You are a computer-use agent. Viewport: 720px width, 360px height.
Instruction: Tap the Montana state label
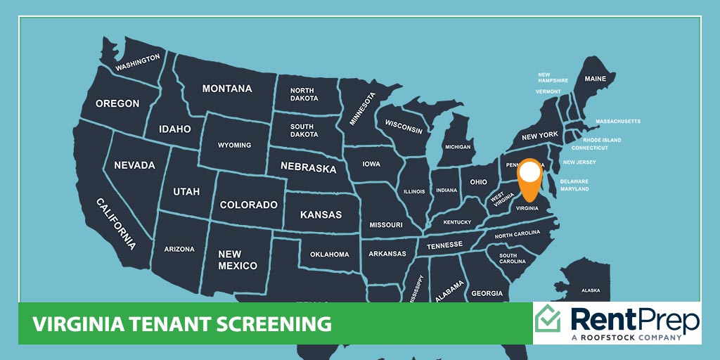coord(226,89)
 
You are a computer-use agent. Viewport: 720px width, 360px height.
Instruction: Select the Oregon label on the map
coord(117,103)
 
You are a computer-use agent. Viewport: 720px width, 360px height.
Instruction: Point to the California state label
coord(116,224)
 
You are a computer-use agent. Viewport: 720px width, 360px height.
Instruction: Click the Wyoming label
coord(234,146)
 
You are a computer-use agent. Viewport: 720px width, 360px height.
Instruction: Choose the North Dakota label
coord(302,95)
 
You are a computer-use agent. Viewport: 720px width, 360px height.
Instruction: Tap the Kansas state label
coord(321,214)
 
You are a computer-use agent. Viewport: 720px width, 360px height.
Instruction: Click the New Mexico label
coord(237,260)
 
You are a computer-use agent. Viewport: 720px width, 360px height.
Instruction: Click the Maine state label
coord(595,79)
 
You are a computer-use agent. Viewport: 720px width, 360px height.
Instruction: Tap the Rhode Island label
coord(602,140)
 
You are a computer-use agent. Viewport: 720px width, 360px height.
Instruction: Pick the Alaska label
coord(591,290)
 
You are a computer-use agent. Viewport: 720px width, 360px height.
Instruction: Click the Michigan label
coord(457,147)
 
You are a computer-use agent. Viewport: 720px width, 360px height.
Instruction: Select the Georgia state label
coord(487,293)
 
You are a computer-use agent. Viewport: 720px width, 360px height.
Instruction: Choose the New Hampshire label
coord(553,77)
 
